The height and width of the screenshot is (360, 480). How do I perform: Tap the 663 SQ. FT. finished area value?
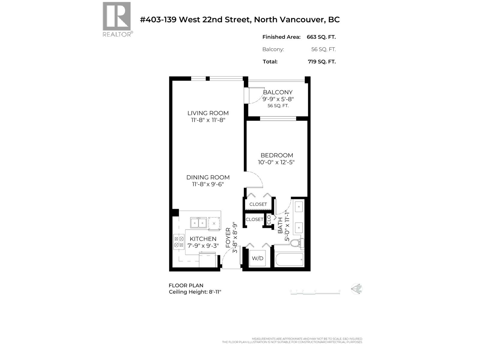point(321,37)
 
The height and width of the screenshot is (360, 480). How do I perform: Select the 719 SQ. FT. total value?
point(322,61)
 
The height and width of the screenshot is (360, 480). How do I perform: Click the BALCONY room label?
point(277,92)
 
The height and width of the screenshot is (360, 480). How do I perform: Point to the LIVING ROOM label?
point(208,113)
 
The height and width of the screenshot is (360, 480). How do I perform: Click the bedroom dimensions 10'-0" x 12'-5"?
point(276,162)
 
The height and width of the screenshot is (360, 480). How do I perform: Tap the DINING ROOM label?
point(208,177)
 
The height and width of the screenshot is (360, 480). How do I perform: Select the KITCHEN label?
point(203,239)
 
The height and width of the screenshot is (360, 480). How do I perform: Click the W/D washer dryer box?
point(257,258)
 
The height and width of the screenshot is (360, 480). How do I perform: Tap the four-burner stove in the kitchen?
point(179,242)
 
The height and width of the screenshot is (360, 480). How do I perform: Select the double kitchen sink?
point(198,223)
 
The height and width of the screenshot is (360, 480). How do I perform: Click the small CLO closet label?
point(269,220)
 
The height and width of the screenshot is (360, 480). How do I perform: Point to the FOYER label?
point(228,238)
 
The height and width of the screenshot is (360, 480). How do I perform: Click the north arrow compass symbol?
point(357,289)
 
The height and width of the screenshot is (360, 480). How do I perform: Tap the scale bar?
point(315,293)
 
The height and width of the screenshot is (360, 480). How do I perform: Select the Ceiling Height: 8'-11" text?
point(195,292)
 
